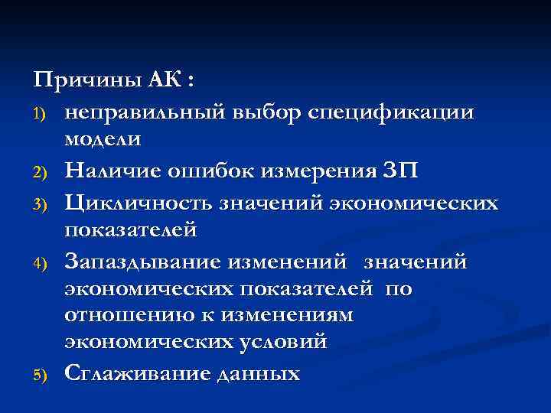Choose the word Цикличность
pyautogui.click(x=139, y=202)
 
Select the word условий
pyautogui.click(x=284, y=342)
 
